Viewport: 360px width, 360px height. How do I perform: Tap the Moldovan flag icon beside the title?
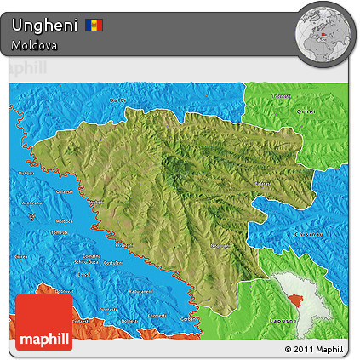94,25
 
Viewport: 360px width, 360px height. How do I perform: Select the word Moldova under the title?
35,45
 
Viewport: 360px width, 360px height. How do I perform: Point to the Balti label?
117,100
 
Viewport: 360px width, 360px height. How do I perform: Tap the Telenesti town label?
282,95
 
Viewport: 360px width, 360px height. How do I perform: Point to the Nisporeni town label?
220,245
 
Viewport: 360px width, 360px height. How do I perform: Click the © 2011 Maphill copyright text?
314,349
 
